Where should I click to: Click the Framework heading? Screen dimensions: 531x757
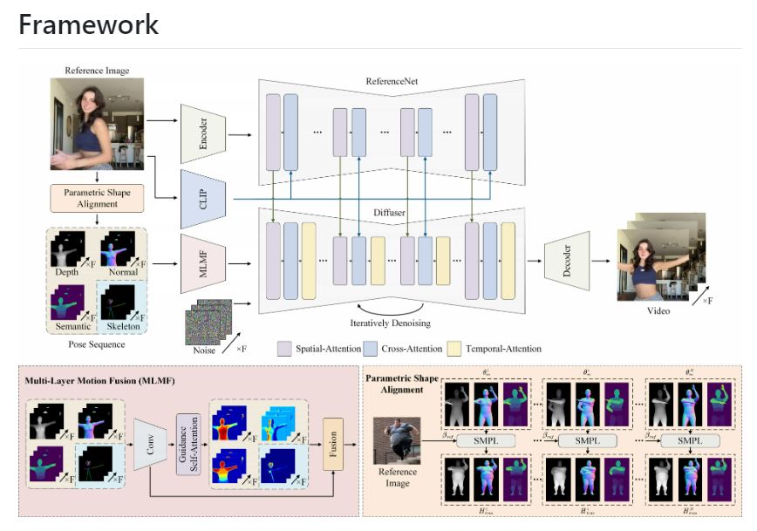tap(88, 24)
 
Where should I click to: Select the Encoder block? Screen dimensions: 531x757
tap(202, 137)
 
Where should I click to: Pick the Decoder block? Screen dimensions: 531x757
tap(566, 259)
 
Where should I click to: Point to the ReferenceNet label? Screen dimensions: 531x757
tap(392, 80)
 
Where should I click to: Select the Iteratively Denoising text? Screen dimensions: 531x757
tap(392, 323)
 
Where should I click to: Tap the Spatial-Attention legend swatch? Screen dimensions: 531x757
tap(284, 349)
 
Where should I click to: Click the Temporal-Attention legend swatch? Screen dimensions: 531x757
tap(454, 349)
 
